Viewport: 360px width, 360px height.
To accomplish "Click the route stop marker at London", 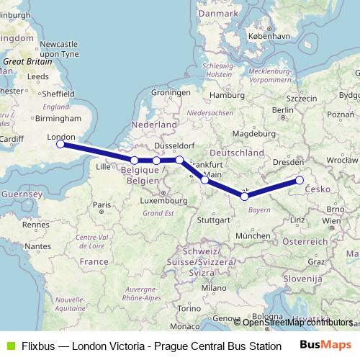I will pyautogui.click(x=61, y=145).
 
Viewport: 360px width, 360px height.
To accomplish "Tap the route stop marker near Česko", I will pyautogui.click(x=300, y=181).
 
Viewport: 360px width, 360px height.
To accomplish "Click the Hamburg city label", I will pyautogui.click(x=223, y=95).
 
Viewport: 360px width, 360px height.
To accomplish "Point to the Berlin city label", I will pyautogui.click(x=283, y=110).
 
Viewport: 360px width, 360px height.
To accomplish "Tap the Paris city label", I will pyautogui.click(x=102, y=205).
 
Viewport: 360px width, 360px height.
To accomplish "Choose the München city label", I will pyautogui.click(x=252, y=235).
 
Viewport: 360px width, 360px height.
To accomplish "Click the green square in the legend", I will pyautogui.click(x=9, y=345).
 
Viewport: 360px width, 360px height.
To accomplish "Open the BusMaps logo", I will pyautogui.click(x=327, y=345).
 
